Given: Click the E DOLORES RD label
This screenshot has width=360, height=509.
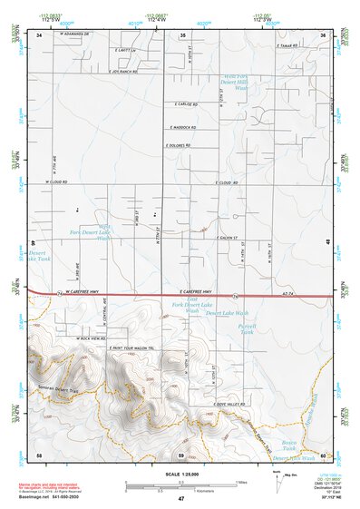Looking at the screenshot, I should tap(178, 144).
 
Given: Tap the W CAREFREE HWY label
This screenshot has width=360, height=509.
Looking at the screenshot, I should tap(90, 294).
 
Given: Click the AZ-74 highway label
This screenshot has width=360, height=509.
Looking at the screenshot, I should tap(290, 295).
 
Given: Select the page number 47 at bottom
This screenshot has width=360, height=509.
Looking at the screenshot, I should tap(180, 499).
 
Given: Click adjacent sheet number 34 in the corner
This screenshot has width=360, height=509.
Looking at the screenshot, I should tap(39, 34).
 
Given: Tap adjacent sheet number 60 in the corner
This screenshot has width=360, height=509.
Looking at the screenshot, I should tap(323, 454).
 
